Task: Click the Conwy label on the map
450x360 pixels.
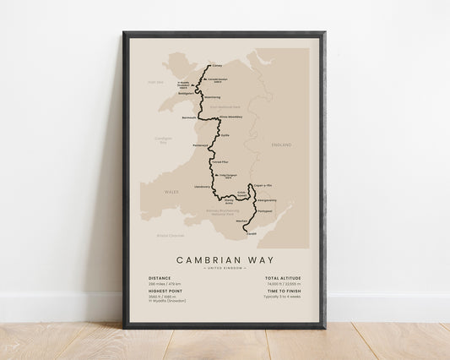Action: (215, 63)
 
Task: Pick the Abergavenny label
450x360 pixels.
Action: (263, 200)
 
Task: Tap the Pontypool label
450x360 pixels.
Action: (263, 210)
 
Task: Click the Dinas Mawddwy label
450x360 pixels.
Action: (230, 117)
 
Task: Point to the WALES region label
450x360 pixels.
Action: (172, 192)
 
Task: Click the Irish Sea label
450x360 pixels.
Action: (154, 82)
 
